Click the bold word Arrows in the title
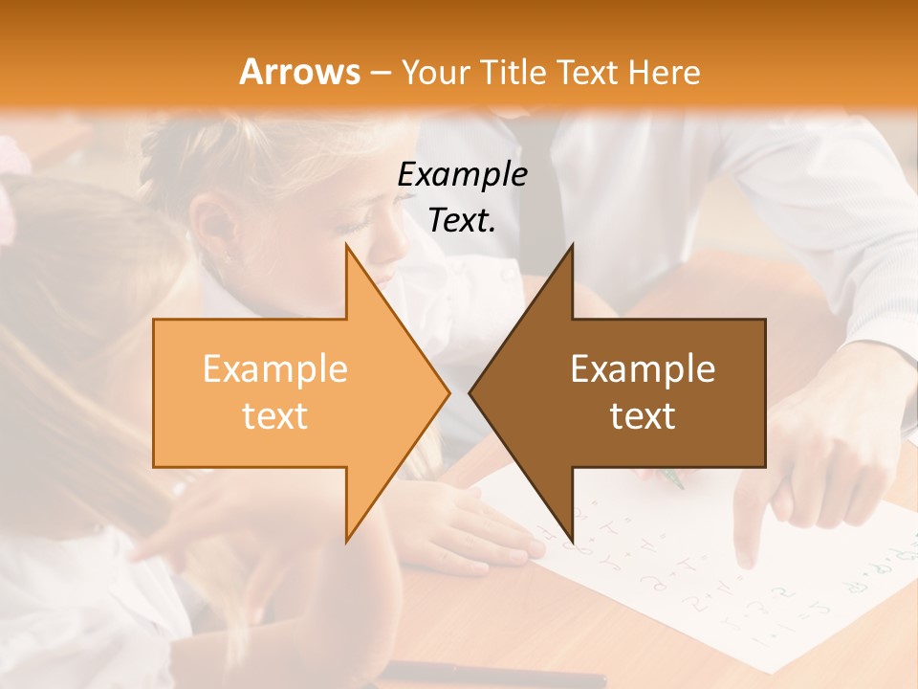299,72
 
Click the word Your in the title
435,73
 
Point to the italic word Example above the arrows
462,174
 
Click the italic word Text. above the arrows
462,221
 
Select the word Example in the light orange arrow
274,368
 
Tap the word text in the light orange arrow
274,415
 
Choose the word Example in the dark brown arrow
643,368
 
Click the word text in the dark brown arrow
643,415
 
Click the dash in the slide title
380,73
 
